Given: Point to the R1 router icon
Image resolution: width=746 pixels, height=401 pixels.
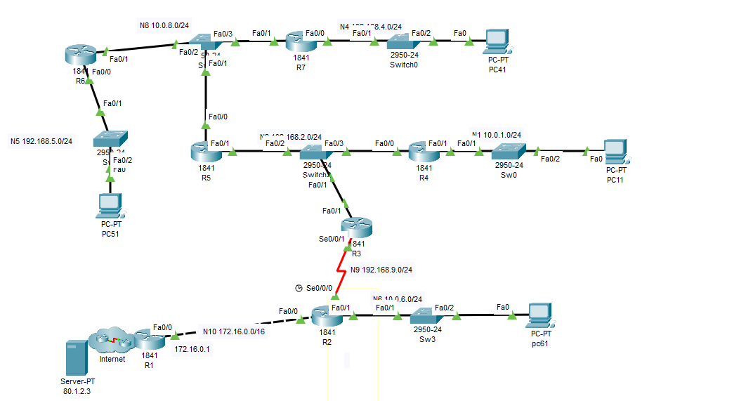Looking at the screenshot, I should [149, 339].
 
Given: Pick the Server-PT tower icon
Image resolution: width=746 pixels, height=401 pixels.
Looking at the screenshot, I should [73, 358].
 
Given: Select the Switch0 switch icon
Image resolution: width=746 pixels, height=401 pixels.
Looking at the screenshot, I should [403, 41].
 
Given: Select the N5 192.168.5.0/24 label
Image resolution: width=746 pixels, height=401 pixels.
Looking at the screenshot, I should [41, 140].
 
